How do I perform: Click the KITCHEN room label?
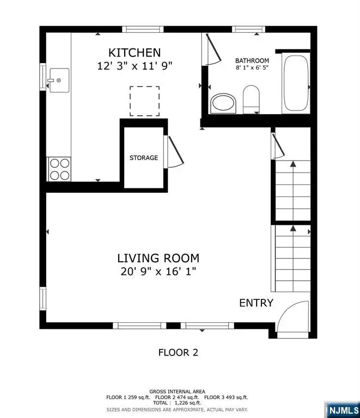[135, 53]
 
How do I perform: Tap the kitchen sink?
[59, 81]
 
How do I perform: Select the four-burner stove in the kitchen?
[59, 168]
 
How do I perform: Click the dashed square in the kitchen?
[144, 101]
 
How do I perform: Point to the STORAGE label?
[144, 158]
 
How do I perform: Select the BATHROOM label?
[252, 60]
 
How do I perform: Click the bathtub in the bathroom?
[296, 84]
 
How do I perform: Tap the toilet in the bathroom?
[251, 98]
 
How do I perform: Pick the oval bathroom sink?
[223, 103]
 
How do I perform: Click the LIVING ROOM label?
[158, 258]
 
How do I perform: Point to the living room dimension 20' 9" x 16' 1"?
[158, 272]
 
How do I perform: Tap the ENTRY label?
[256, 303]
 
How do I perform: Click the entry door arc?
[293, 318]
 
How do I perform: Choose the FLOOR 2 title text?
[178, 352]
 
